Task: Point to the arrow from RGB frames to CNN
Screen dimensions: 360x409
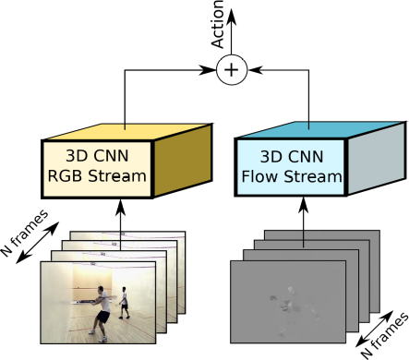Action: (120, 215)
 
